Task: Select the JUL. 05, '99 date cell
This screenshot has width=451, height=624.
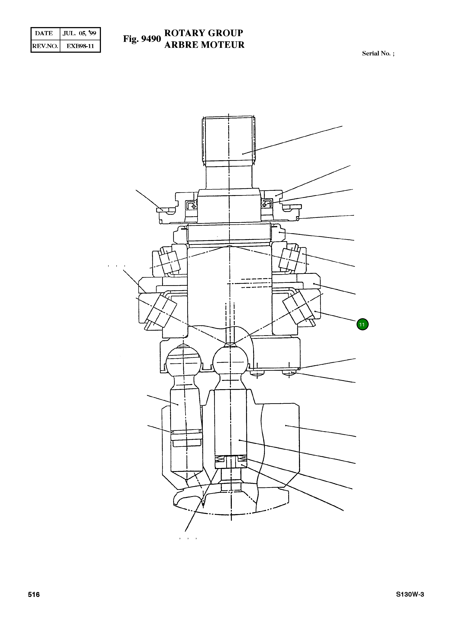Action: tap(79, 33)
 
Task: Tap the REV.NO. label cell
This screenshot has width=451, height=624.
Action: tap(45, 46)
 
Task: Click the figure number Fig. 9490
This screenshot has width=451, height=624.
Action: tap(142, 39)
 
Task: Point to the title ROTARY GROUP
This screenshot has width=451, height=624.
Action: tap(204, 33)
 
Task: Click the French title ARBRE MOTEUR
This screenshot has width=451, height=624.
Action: tap(204, 45)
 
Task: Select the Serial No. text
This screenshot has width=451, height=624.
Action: tap(378, 53)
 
